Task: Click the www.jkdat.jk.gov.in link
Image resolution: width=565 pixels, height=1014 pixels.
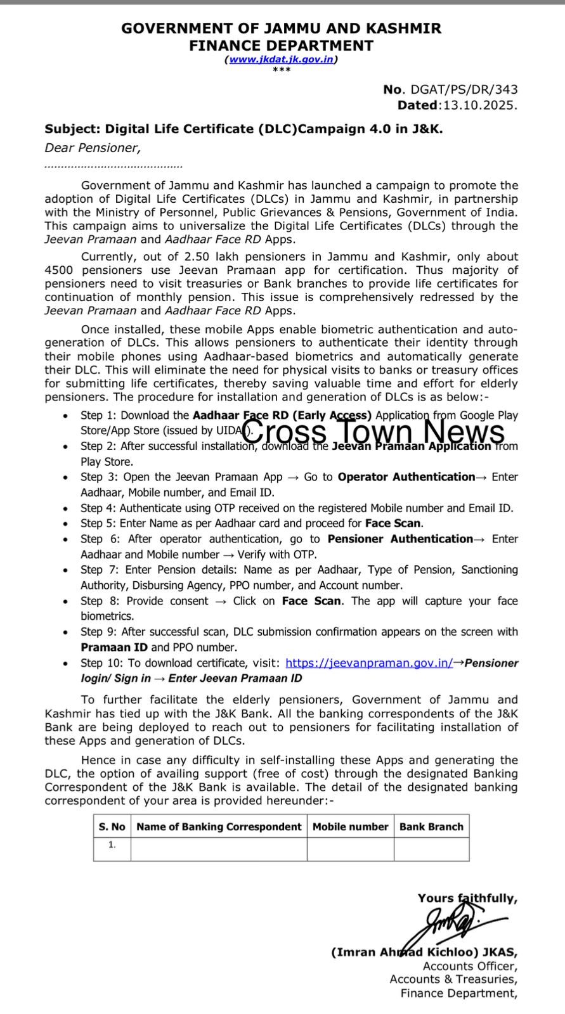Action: [282, 59]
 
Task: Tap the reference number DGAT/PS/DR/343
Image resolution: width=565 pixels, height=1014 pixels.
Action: [464, 90]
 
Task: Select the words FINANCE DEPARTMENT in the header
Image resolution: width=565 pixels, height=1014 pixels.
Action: [281, 46]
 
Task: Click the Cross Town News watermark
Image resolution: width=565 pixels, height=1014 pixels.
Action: [373, 432]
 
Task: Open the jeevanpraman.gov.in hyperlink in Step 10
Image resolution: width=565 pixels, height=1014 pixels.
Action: [369, 663]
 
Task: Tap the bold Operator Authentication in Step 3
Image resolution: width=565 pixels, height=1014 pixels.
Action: [406, 477]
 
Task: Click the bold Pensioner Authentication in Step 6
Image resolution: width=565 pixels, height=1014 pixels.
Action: [400, 539]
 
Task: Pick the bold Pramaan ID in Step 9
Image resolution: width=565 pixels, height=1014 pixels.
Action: [114, 647]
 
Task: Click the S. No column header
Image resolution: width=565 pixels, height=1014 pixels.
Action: [112, 826]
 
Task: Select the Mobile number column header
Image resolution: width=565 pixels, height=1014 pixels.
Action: [350, 826]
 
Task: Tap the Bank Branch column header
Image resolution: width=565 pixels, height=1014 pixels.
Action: [431, 826]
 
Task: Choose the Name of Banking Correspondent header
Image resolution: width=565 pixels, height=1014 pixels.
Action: [219, 826]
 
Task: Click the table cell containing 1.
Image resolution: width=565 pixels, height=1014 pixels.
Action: [112, 845]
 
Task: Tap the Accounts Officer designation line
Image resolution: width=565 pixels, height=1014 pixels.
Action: [470, 966]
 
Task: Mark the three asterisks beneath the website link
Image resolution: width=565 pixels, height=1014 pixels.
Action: [282, 70]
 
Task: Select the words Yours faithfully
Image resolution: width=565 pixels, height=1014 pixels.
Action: [467, 898]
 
